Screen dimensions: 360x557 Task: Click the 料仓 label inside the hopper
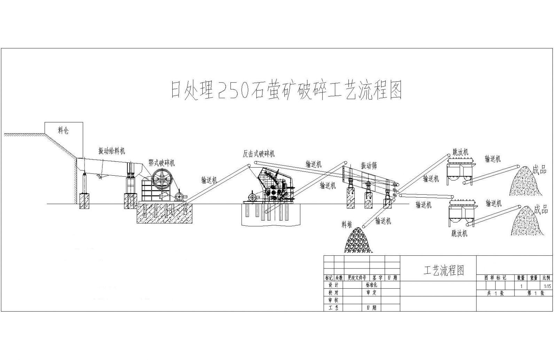[63, 131]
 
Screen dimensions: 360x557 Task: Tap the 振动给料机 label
[111, 151]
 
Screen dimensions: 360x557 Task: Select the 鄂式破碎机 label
[162, 163]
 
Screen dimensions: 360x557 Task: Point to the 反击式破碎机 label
[259, 153]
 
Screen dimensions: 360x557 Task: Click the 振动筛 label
[369, 166]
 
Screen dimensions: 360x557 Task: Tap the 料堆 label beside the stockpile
[347, 225]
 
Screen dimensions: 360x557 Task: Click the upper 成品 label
[539, 170]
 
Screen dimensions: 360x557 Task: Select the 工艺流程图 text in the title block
[444, 270]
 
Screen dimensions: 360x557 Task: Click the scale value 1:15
[547, 287]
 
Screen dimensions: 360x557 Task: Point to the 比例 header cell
[546, 278]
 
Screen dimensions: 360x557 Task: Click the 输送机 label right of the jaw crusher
[209, 179]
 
